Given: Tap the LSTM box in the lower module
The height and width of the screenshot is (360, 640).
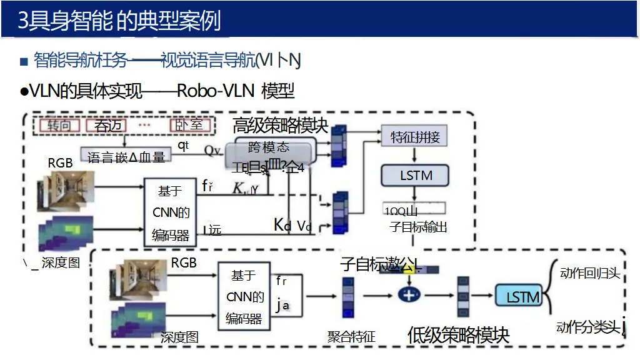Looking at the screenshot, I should (x=519, y=297).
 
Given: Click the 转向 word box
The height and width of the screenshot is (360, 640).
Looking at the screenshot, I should (x=60, y=125).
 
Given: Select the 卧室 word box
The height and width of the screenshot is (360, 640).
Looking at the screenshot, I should (x=188, y=125).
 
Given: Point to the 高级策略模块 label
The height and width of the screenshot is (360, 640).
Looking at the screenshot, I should (x=280, y=125).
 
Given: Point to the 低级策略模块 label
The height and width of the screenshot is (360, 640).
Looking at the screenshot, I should (x=458, y=335).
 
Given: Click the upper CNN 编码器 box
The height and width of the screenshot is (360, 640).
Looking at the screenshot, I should (x=171, y=212).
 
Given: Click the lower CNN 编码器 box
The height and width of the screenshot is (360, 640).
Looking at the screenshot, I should (x=244, y=297).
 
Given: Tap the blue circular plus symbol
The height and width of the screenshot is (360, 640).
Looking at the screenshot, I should (x=409, y=294).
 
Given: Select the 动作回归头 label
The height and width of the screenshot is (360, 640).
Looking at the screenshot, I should (x=589, y=273).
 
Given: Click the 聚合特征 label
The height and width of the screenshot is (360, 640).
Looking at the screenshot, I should (x=351, y=337).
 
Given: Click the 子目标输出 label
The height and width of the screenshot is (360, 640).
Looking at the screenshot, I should (x=418, y=227).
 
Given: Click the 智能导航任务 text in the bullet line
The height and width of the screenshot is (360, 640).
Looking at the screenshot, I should (x=81, y=60).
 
